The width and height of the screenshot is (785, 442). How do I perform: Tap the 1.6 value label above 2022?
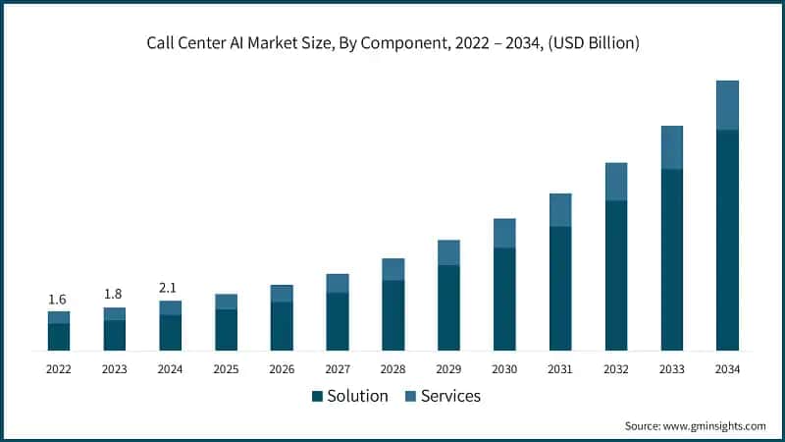point(59,299)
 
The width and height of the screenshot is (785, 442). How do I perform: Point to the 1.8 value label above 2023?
point(115,294)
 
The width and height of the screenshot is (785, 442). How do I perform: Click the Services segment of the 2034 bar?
point(727,105)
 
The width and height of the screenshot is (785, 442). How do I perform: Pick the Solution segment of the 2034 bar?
point(727,241)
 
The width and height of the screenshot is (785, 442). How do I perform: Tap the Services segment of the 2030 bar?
point(504,233)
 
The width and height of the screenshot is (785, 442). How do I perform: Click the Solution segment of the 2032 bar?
point(616,276)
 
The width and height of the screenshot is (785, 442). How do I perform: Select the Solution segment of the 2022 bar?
point(59,337)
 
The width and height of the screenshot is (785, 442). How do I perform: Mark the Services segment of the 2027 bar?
point(338,283)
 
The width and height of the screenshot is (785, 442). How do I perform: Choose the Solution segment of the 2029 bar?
point(448,307)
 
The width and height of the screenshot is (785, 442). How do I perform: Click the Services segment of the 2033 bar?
point(671,147)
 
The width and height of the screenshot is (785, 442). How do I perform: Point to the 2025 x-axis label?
point(226,369)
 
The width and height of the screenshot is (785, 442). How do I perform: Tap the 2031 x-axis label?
point(560,369)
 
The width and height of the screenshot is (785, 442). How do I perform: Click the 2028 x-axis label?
point(392,369)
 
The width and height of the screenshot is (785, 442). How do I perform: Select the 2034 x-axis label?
point(727,369)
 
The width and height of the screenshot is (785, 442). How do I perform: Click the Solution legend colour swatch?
point(317,397)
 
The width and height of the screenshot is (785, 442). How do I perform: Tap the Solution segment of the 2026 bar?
point(282,326)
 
